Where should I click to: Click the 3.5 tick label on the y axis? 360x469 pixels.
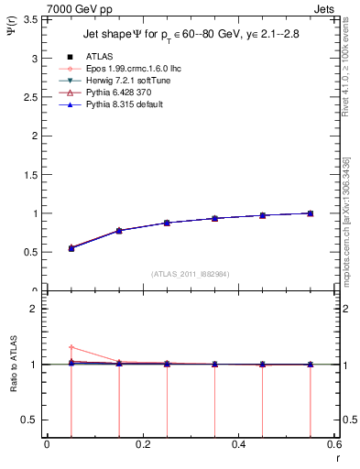click(x=31, y=18)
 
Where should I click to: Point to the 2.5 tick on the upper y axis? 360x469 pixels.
click(x=31, y=96)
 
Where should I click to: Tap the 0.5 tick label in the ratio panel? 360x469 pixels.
click(x=31, y=420)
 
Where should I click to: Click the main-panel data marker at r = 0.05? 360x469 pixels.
click(x=71, y=248)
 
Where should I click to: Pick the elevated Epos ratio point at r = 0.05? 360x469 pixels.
click(x=71, y=347)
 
